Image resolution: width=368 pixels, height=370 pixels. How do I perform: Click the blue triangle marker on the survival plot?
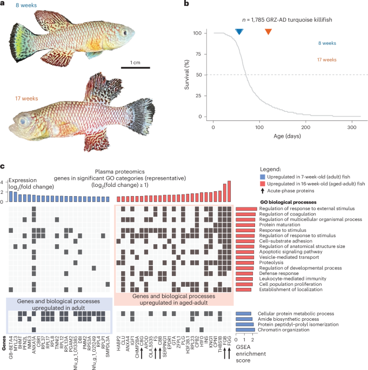[x=239, y=32]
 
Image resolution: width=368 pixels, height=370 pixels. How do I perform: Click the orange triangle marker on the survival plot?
[x=269, y=32]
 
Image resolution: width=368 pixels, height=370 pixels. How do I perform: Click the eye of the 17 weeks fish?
[x=20, y=118]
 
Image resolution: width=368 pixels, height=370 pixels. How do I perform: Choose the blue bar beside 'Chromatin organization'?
[x=244, y=329]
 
